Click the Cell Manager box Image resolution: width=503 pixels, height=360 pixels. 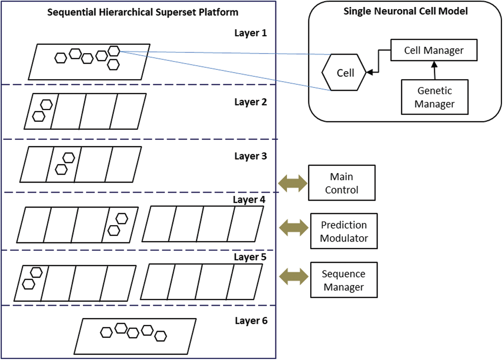433,50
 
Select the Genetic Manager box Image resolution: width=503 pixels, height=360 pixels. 434,97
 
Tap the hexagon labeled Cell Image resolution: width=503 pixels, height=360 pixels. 344,72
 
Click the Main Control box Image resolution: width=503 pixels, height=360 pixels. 342,183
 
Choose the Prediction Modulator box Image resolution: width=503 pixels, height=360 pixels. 344,231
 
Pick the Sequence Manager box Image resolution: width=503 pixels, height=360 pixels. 344,280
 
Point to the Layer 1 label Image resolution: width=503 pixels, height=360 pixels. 250,33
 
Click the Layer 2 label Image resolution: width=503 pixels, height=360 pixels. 250,102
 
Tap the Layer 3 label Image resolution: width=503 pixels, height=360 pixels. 250,156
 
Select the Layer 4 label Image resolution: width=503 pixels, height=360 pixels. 249,200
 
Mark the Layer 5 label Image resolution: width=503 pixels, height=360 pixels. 250,257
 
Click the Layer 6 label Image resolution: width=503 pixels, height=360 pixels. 251,321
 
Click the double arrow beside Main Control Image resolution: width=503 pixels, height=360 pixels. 292,183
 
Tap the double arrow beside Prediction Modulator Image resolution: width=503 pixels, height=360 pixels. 293,228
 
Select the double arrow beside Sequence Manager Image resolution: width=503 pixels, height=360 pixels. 293,277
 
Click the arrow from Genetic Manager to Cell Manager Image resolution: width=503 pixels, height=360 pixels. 434,70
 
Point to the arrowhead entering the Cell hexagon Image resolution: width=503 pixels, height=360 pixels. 370,72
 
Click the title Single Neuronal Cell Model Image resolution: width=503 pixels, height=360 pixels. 405,11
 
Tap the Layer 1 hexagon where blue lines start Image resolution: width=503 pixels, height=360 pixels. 114,51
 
